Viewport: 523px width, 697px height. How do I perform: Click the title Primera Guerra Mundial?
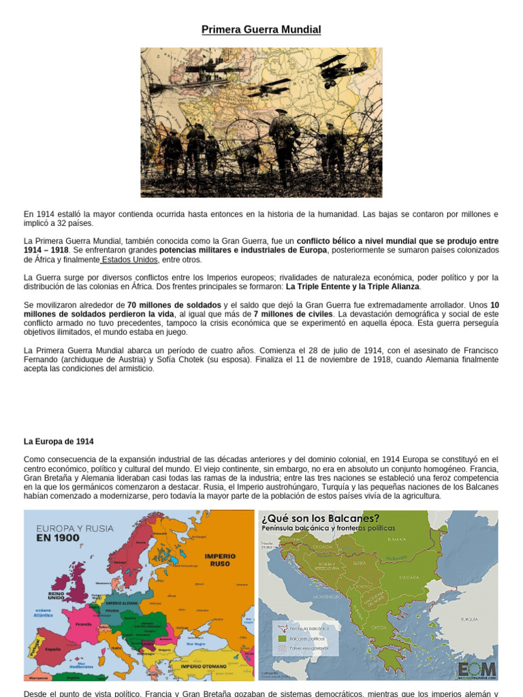261,30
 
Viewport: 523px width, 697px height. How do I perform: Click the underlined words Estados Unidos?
129,259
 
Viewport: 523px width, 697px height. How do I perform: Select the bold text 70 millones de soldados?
174,305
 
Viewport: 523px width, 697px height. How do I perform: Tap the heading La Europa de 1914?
59,442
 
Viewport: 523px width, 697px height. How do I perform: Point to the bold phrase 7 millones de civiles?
294,314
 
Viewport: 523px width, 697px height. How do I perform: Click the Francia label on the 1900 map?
83,623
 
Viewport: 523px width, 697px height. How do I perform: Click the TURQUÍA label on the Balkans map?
469,619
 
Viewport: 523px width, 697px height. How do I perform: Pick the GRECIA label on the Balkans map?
380,627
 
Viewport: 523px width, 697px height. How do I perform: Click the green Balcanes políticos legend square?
282,639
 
